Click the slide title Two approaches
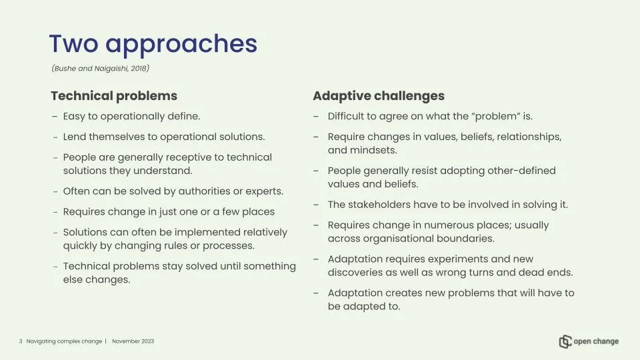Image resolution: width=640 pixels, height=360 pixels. [153, 44]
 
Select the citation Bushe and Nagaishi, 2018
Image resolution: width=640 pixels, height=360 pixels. [100, 69]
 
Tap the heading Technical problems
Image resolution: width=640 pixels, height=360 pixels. [114, 96]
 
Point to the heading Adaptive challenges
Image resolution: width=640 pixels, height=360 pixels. [379, 96]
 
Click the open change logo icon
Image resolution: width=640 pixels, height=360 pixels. [565, 341]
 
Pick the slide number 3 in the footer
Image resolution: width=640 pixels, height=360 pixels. [21, 341]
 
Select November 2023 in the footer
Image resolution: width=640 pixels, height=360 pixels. [133, 341]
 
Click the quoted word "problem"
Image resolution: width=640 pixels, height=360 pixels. [496, 116]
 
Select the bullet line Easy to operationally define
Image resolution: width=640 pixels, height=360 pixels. [131, 116]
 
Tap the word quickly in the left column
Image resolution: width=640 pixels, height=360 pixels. [79, 245]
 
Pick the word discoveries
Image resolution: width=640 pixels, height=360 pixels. [356, 273]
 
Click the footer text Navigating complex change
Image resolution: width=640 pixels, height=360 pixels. [64, 341]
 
